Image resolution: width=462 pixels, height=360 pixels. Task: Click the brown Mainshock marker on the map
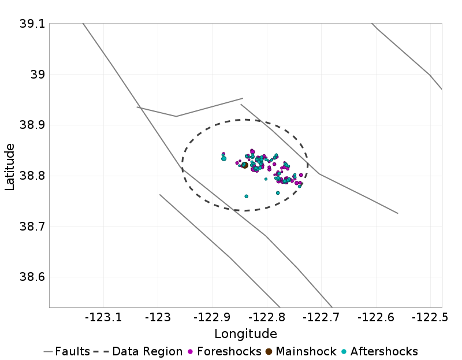coord(244,165)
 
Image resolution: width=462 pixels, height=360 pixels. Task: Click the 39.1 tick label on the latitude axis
coord(32,24)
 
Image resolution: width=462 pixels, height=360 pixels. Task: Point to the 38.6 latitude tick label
coord(32,277)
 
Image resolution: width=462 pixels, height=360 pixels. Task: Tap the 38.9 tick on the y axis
coord(32,125)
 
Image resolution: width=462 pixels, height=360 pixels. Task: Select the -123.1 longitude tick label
coord(104,317)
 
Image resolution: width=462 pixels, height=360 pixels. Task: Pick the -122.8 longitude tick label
coord(267,317)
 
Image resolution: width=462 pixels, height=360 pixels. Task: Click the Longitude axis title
coord(245,334)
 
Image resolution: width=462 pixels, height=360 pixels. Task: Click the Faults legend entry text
coord(72,351)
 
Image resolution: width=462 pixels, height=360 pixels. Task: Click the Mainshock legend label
coord(306,351)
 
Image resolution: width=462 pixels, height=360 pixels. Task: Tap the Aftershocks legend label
coord(384,351)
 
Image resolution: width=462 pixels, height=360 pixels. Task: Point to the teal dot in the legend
coord(344,351)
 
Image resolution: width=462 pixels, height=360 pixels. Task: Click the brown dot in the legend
coord(269,351)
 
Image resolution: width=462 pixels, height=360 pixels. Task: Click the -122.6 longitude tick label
coord(376,317)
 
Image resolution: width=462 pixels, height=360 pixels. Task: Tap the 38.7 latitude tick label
coord(32,226)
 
